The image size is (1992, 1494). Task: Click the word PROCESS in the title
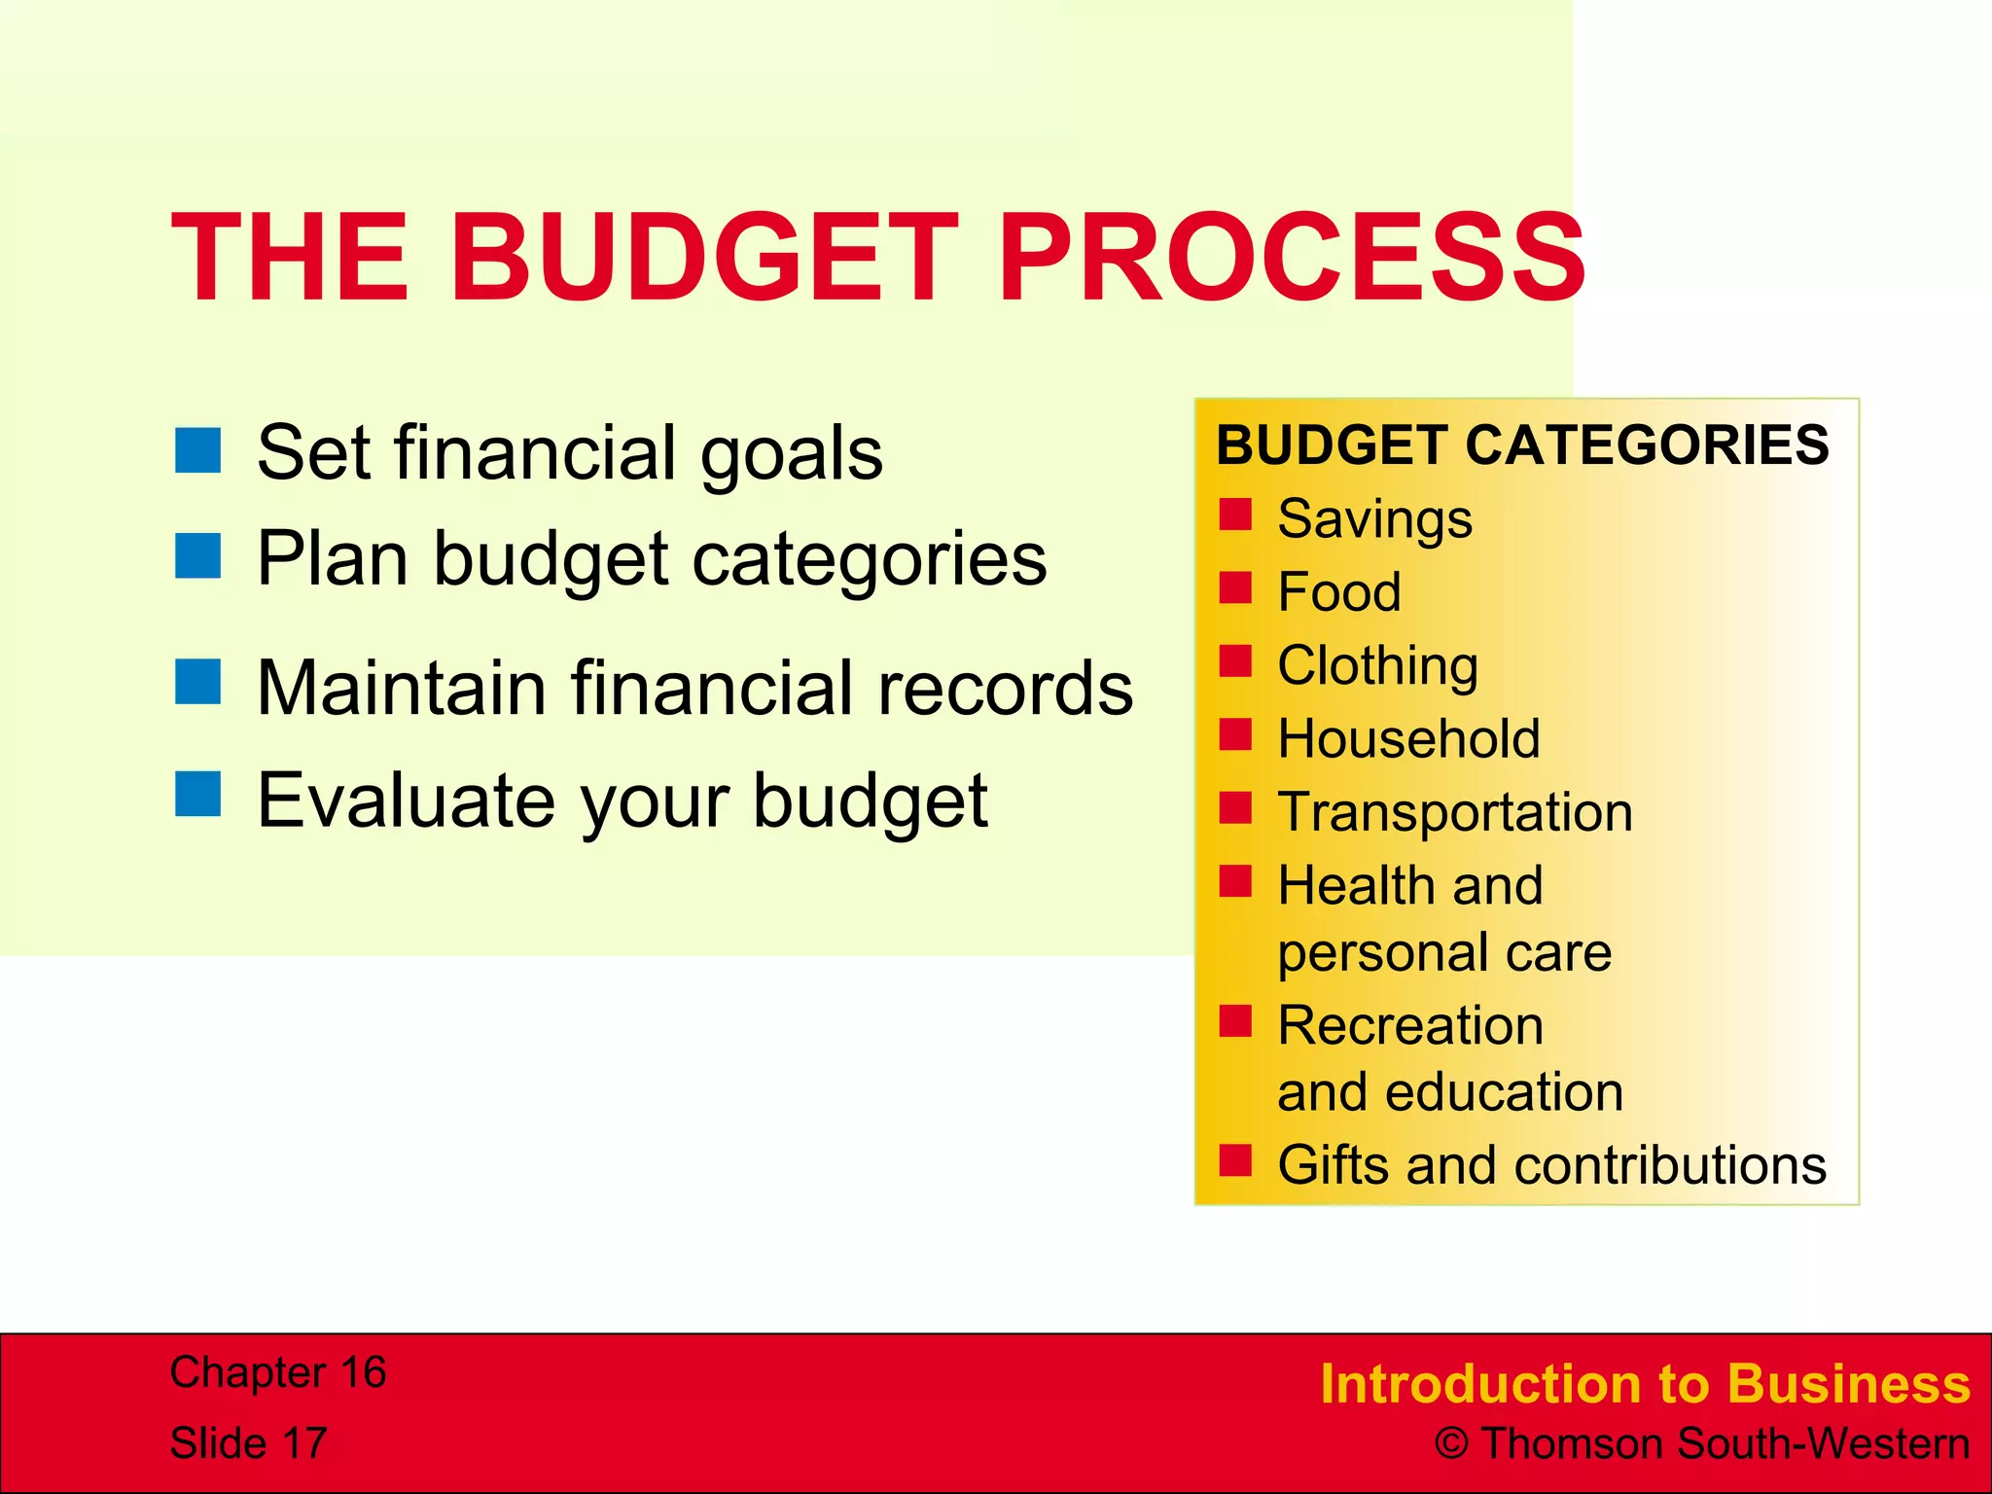tap(1291, 259)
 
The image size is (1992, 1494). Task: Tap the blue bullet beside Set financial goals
tap(198, 450)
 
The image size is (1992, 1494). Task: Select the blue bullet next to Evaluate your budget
tap(198, 793)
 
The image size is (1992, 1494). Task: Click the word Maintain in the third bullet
tap(402, 688)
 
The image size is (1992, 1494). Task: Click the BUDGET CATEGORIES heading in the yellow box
tap(1522, 445)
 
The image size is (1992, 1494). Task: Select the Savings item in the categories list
tap(1374, 518)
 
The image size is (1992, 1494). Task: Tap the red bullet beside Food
tap(1235, 587)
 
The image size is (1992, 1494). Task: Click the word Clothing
tap(1377, 665)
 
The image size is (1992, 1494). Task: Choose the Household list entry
tap(1408, 738)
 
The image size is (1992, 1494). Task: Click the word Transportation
tap(1454, 812)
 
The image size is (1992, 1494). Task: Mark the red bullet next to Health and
tap(1235, 881)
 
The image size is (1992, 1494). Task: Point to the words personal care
tap(1443, 952)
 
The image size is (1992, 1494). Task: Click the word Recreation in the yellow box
tap(1409, 1025)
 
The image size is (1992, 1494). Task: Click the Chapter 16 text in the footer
tap(278, 1372)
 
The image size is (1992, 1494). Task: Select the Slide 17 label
tap(248, 1442)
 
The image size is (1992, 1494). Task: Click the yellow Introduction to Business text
tap(1644, 1383)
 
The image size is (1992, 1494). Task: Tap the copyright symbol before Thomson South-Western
tap(1451, 1444)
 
